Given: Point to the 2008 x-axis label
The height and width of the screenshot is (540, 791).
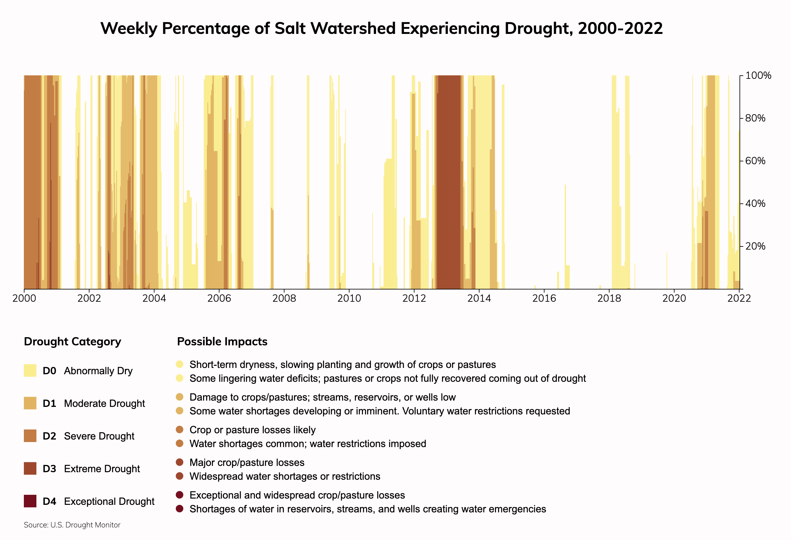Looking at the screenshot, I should [x=284, y=299].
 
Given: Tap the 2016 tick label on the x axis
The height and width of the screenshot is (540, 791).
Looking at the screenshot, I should [x=544, y=299].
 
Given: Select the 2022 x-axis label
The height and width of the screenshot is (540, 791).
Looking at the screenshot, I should [x=739, y=299].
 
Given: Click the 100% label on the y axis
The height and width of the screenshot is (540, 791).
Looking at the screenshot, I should [x=758, y=76].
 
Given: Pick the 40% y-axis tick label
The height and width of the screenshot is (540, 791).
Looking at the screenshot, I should [x=755, y=204].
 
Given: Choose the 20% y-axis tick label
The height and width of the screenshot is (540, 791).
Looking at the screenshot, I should [x=755, y=246].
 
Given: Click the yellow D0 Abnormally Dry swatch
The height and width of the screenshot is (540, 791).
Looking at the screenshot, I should [x=30, y=370].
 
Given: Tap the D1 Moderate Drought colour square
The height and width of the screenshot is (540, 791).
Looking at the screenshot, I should [x=30, y=403].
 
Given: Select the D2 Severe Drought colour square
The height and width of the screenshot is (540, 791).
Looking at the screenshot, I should [x=30, y=436].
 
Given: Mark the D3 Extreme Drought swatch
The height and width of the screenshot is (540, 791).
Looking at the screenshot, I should [x=30, y=468].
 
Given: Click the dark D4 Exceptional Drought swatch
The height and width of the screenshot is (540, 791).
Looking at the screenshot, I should [x=30, y=501].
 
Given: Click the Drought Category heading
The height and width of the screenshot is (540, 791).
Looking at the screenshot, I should [x=73, y=342].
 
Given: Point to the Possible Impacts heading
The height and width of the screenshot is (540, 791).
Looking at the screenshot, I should [x=222, y=342].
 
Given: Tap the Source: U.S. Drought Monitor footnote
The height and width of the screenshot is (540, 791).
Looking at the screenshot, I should [x=72, y=525].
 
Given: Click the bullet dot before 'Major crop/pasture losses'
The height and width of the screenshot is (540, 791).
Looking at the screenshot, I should [x=180, y=462].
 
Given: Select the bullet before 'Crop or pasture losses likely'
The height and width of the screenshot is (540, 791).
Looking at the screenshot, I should [x=180, y=429].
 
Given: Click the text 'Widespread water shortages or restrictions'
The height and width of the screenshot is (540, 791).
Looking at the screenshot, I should [x=285, y=476].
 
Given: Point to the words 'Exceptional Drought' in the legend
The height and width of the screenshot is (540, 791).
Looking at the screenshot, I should [x=109, y=501].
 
